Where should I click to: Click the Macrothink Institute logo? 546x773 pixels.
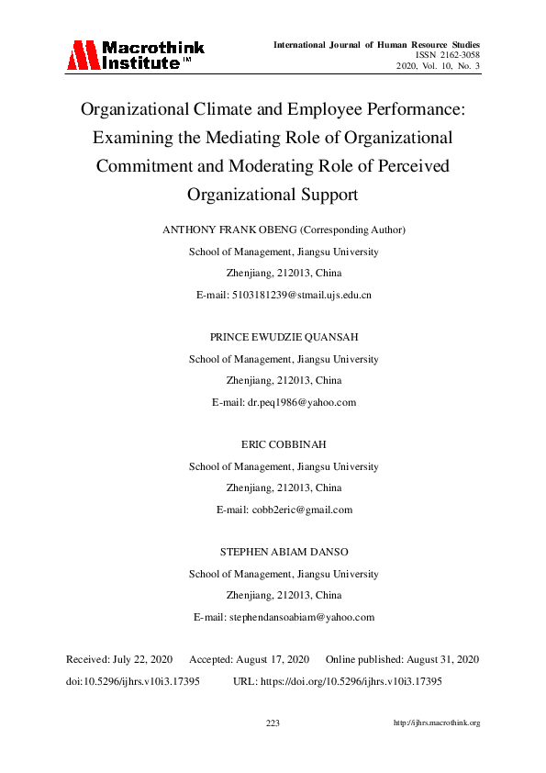135,55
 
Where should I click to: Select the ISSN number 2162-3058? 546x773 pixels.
456,55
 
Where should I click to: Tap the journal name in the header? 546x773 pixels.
378,44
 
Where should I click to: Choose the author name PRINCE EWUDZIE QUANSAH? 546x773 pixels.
284,338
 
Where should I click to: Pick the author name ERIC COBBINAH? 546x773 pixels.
284,445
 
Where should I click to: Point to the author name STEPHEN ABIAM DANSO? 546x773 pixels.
284,552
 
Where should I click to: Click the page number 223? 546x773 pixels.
273,723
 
